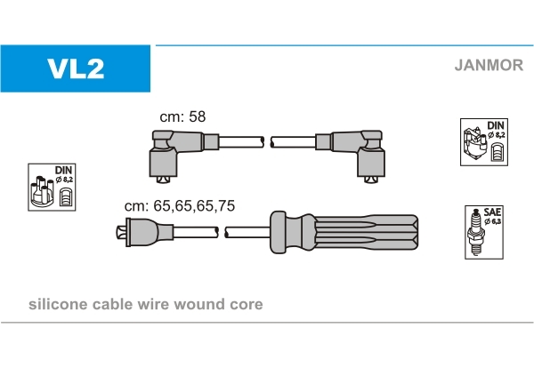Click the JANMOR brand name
click(489, 64)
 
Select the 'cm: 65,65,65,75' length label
click(180, 205)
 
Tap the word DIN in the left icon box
click(63, 169)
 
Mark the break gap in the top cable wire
click(267, 141)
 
